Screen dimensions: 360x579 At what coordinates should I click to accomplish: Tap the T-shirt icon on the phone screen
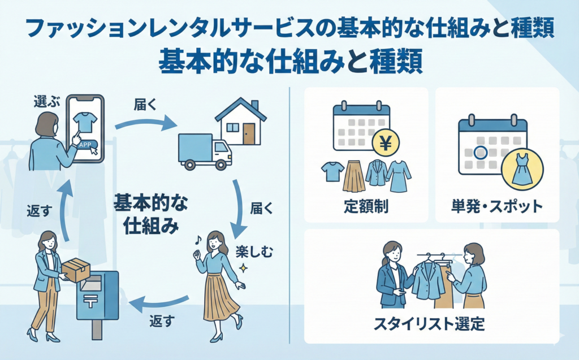point(85,120)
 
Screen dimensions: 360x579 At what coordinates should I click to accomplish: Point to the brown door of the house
point(249,134)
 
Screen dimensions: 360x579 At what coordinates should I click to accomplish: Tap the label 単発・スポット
point(497,206)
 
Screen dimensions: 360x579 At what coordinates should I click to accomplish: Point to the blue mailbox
point(98,302)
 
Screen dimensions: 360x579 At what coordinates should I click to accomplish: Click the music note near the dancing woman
point(198,240)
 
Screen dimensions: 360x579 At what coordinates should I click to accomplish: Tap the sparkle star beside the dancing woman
point(244,267)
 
